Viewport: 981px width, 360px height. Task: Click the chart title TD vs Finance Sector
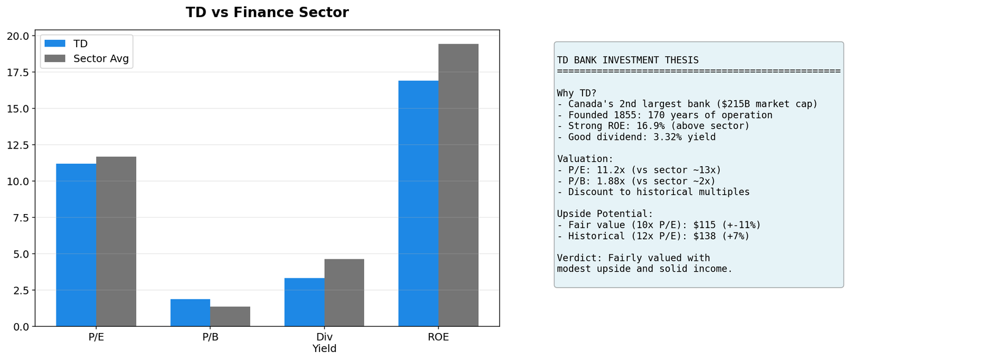(x=267, y=13)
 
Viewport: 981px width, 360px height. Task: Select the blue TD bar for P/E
(x=76, y=245)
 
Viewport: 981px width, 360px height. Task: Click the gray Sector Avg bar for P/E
(x=116, y=242)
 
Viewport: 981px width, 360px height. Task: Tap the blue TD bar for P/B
(x=190, y=313)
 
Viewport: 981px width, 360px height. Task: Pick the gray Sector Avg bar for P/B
(x=230, y=316)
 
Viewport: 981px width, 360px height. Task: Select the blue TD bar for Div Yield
(x=304, y=302)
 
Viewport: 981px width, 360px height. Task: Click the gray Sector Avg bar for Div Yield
(x=344, y=293)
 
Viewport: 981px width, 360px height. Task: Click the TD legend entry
(x=80, y=44)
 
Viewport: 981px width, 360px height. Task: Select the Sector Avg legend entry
(x=101, y=59)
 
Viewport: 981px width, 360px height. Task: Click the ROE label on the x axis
(x=438, y=337)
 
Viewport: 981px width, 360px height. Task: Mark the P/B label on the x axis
(x=210, y=337)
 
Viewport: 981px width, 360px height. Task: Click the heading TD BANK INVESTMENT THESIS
(x=628, y=60)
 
